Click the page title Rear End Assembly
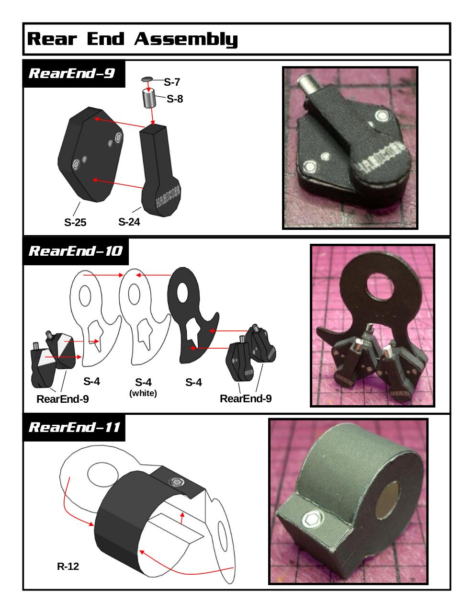point(132,39)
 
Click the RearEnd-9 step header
point(72,73)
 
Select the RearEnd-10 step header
point(76,251)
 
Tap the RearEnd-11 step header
point(74,427)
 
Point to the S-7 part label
point(172,82)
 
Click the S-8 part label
point(175,99)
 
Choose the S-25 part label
point(75,223)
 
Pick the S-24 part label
point(129,222)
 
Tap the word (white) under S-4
point(143,393)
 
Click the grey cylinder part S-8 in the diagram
point(149,98)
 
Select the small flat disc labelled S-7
point(147,79)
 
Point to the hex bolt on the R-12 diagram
point(177,482)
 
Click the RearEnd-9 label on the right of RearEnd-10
point(246,398)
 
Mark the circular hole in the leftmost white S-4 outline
point(85,296)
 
